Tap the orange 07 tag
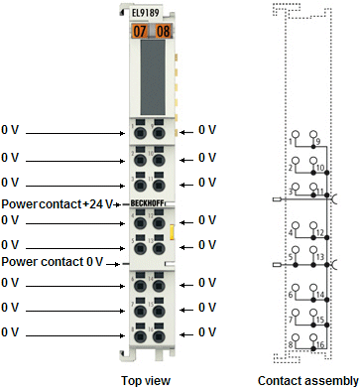[x=139, y=31]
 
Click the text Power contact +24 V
[x=58, y=202]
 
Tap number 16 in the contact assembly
[x=320, y=345]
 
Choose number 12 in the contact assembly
[x=320, y=233]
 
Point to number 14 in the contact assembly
[x=320, y=296]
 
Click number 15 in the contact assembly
[x=320, y=320]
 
